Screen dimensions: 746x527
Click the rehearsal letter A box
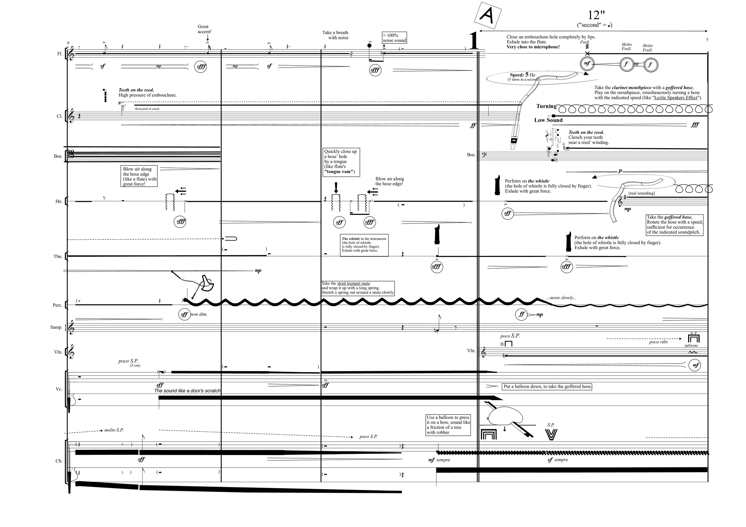pos(488,15)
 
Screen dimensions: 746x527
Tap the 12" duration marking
pos(596,15)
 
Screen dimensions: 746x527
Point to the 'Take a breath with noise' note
pos(335,35)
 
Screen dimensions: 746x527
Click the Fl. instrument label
pos(60,54)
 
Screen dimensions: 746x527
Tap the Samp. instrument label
pos(56,327)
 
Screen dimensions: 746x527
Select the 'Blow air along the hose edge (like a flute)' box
pos(139,176)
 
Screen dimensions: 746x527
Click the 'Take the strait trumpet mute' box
pos(358,288)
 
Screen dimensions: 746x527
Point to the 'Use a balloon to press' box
pos(448,425)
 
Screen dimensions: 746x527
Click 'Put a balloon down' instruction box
pos(548,387)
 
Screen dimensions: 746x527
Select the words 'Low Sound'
pos(548,120)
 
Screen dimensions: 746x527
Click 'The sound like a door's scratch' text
pos(187,391)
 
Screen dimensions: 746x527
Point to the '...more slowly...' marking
pos(562,298)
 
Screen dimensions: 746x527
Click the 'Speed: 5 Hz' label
pos(522,75)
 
